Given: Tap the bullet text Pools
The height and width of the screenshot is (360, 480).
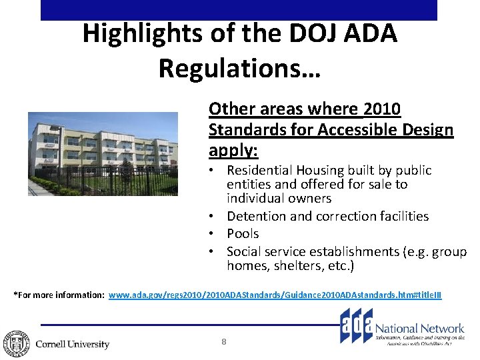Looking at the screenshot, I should click(243, 234).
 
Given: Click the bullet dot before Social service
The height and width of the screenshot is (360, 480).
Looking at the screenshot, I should click(211, 252).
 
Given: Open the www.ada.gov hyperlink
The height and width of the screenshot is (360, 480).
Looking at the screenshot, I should click(275, 295).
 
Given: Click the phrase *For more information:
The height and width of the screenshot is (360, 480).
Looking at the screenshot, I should click(59, 295).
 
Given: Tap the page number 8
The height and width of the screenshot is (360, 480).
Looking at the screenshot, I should click(224, 342).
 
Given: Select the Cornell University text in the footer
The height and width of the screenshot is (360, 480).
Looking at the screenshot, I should click(72, 344).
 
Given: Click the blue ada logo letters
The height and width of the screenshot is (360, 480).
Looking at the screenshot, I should click(357, 327).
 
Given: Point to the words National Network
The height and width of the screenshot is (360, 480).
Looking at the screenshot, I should click(419, 329).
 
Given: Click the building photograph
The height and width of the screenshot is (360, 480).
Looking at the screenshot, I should click(103, 154).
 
